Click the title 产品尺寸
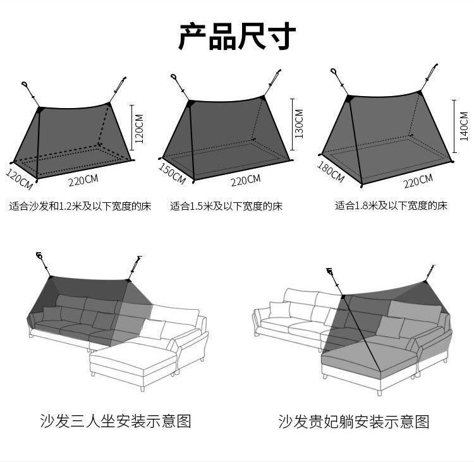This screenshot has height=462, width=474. coord(236,37)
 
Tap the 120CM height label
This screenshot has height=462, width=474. coord(140,124)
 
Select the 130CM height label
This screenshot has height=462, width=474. coord(298,123)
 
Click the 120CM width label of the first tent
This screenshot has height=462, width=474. coord(19,178)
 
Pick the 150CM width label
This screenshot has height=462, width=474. coord(171,174)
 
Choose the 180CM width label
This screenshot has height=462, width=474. coord(329,173)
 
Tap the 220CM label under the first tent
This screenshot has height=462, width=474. coord(84,179)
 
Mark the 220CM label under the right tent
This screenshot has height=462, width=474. coord(418,182)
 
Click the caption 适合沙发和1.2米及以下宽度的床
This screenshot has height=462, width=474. coord(80,206)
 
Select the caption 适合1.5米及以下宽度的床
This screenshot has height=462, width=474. coord(226,206)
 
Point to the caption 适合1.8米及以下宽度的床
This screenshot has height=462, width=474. coord(391,206)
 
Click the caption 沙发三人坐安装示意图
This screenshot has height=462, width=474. coord(115,420)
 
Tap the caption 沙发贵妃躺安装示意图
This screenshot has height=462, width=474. coord(354,421)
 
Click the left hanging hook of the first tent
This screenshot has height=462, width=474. coord(26,85)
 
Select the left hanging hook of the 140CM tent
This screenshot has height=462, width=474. coord(334,73)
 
